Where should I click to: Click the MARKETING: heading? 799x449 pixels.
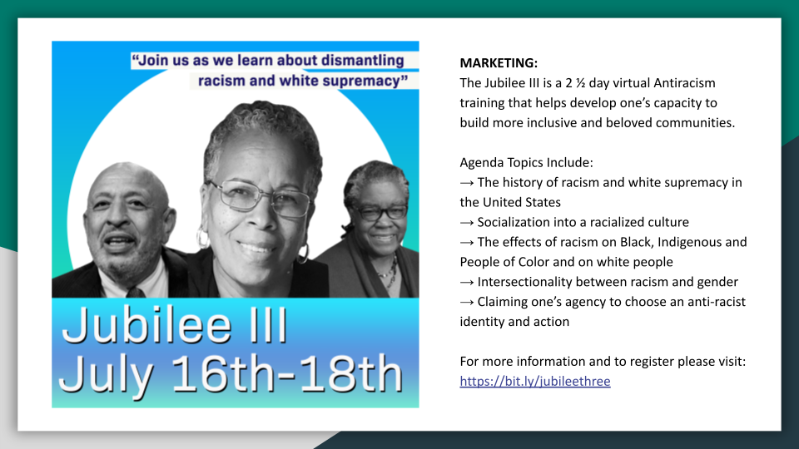click(499, 63)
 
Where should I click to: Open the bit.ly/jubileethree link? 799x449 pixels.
click(535, 382)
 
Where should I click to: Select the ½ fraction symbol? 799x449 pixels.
click(578, 83)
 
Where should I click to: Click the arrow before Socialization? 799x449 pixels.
click(467, 223)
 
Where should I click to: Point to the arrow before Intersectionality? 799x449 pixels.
click(467, 282)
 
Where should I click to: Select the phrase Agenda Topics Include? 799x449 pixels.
click(526, 163)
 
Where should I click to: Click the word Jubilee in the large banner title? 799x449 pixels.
click(146, 327)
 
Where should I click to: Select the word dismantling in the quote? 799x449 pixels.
click(362, 61)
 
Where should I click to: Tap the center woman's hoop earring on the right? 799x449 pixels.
click(305, 254)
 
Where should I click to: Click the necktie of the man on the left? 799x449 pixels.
click(136, 292)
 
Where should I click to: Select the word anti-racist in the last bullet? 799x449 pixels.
click(717, 302)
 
